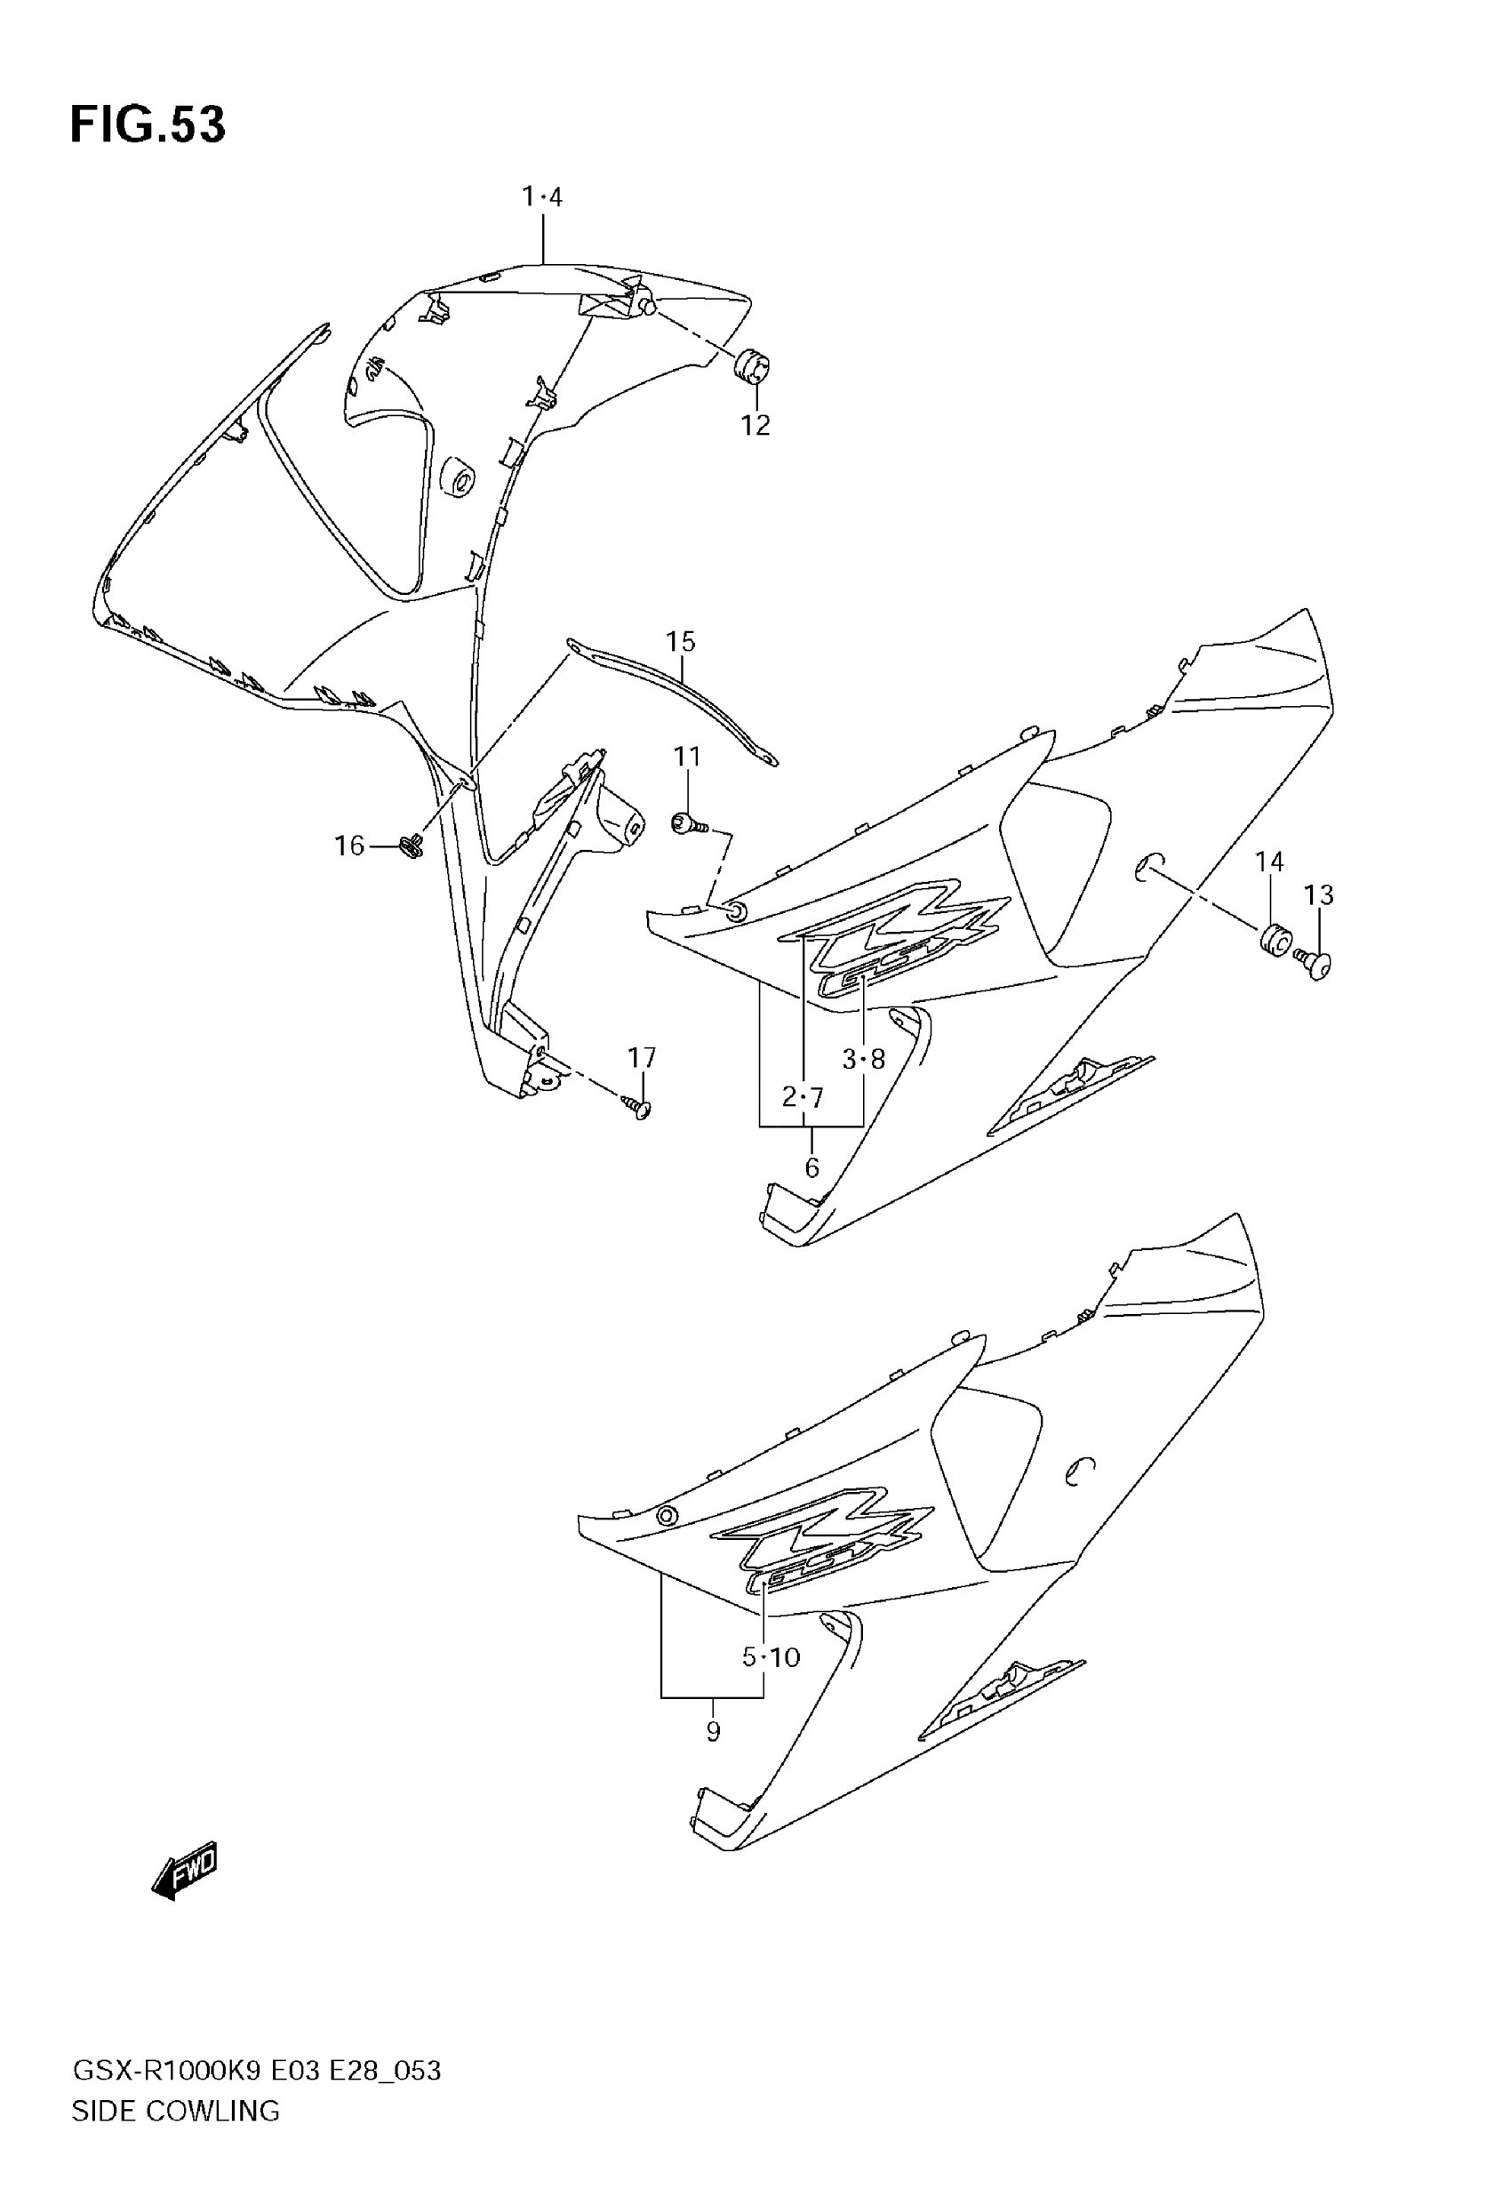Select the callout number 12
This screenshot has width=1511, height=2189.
pos(755,426)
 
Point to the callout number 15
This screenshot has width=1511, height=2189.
pos(680,641)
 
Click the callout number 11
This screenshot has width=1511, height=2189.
pos(686,757)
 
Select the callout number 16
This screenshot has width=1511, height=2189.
pos(349,846)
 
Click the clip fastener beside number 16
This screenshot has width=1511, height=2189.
pos(412,845)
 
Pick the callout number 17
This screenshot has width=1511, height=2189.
pos(642,1056)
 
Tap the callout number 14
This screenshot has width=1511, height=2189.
pos(1268,862)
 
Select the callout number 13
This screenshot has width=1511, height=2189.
pos(1318,894)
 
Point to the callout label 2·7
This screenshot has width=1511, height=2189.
pos(803,1097)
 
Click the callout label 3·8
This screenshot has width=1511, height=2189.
pos(863,1059)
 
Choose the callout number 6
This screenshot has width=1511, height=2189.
pos(811,1168)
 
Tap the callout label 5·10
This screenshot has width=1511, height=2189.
pos(771,1657)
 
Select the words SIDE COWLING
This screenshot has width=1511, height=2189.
pos(176,2111)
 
